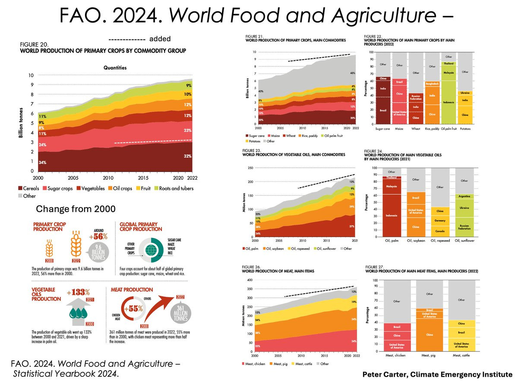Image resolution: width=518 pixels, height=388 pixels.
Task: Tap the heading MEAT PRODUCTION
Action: tap(132, 290)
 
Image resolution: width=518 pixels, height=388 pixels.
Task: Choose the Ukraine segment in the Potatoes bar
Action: tap(465, 93)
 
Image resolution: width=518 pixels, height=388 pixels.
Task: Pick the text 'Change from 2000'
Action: tap(75, 209)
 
